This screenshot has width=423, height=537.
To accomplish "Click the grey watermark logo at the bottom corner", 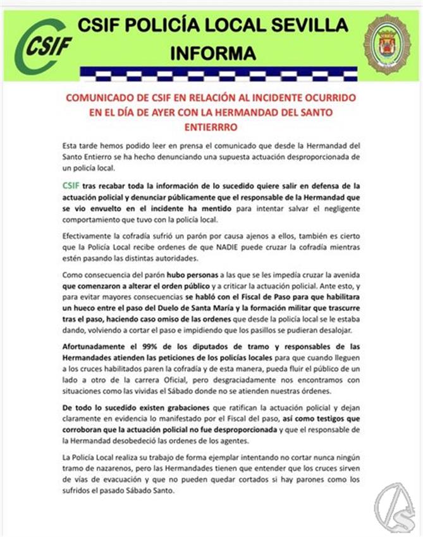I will tap(396, 510).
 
